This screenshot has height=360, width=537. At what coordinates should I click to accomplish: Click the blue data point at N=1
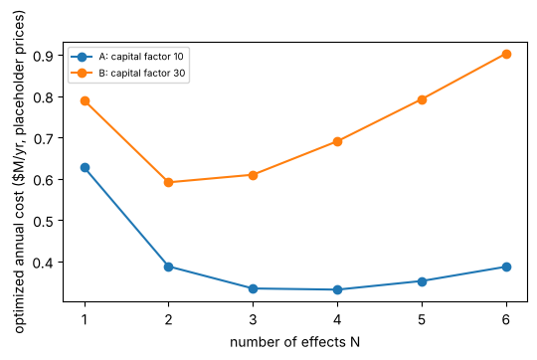(85, 167)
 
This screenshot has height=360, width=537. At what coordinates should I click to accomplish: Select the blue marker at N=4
(337, 289)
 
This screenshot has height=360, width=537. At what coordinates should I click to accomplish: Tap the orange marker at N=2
(168, 182)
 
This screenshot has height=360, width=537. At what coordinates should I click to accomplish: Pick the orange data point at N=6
(506, 54)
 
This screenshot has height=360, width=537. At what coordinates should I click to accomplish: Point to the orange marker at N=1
(85, 101)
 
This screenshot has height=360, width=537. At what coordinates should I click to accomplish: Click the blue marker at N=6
(506, 267)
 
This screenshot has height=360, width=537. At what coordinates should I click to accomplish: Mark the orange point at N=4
(337, 141)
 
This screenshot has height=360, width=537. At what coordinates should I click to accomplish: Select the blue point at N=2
(168, 267)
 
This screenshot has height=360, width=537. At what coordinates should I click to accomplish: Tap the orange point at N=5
(422, 99)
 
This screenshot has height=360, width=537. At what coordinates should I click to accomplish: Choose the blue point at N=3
(253, 288)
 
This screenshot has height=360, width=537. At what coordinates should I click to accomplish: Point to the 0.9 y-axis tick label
(43, 56)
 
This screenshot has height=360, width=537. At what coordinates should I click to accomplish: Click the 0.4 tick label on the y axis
(43, 263)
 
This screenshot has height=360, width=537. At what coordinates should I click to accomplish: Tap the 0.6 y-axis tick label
(43, 179)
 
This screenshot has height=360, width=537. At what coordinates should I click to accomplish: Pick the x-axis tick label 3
(253, 319)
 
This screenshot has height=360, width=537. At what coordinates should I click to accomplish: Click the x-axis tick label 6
(506, 319)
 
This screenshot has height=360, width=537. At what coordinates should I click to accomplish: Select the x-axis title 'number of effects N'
(295, 342)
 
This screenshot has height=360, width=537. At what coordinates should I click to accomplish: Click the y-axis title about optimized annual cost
(19, 172)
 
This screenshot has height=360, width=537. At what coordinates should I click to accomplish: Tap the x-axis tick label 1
(85, 319)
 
